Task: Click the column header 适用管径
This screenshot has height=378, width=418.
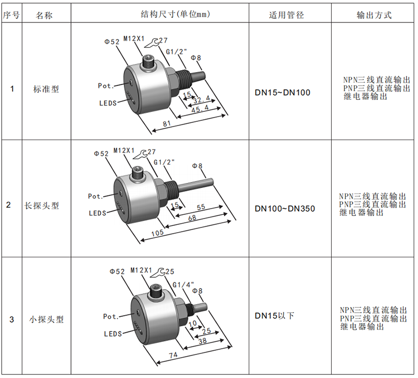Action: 286,15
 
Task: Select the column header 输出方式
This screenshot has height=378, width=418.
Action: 374,15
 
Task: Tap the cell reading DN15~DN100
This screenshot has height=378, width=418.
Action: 283,93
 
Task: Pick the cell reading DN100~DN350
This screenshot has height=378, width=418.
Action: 285,208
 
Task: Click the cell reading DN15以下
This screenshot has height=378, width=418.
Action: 275,316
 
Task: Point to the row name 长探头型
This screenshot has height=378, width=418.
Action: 42,205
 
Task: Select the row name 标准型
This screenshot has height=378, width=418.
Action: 46,89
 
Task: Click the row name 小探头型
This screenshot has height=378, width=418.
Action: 47,319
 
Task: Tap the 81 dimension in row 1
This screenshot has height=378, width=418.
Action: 167,123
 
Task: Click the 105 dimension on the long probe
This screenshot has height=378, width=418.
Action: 157,233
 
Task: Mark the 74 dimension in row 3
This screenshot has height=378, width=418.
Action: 173,355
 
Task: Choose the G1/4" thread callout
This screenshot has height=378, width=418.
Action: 183,285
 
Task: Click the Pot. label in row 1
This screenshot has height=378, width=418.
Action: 106,86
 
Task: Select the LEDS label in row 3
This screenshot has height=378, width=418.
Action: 113,334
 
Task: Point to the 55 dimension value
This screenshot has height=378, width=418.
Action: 201,207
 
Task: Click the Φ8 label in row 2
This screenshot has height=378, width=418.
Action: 198,166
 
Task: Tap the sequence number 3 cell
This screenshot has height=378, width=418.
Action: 11,319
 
